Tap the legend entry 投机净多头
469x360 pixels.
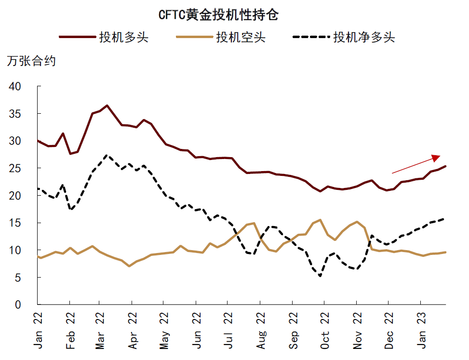coord(364,37)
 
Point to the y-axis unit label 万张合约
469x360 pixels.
coord(31,61)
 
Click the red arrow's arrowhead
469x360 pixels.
coord(437,157)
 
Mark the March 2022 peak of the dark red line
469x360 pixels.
coord(107,105)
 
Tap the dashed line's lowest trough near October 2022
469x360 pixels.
coord(320,276)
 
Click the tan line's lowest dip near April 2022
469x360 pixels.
coord(129,266)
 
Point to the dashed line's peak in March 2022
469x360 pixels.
coord(107,155)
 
